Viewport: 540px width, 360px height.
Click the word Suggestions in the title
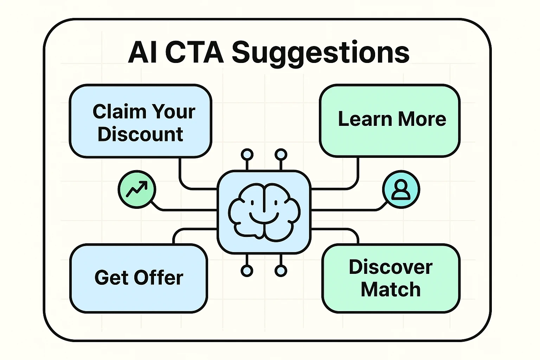tap(321, 53)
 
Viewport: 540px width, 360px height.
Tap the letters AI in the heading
tap(142, 53)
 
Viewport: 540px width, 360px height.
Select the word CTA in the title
tap(194, 53)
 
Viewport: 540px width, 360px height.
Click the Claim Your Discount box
tap(140, 121)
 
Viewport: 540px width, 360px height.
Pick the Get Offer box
tap(139, 278)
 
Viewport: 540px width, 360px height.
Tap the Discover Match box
tap(391, 278)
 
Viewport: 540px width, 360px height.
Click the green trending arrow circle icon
tap(137, 189)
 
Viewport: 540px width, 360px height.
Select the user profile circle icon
tap(401, 189)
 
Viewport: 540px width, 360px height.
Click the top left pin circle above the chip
tap(247, 155)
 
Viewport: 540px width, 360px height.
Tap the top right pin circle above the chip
tap(281, 155)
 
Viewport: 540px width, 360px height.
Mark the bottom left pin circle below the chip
tap(247, 271)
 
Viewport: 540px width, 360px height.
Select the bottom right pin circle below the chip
tap(281, 271)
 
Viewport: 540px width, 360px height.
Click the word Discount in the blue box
tap(140, 134)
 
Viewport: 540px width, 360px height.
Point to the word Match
tap(391, 290)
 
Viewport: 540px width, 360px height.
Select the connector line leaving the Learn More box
tap(358, 172)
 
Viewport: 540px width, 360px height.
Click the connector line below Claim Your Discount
tap(180, 172)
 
